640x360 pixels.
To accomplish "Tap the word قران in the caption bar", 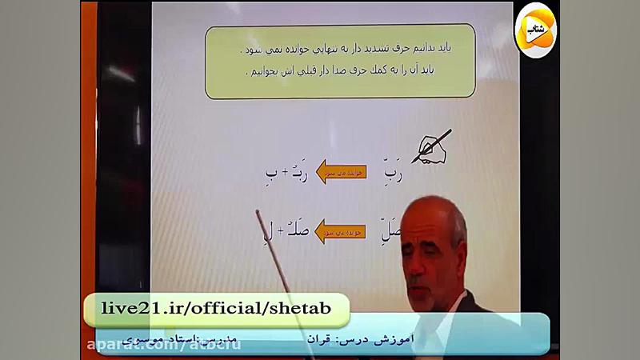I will [x=318, y=339].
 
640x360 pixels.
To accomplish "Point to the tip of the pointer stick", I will [x=258, y=212].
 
